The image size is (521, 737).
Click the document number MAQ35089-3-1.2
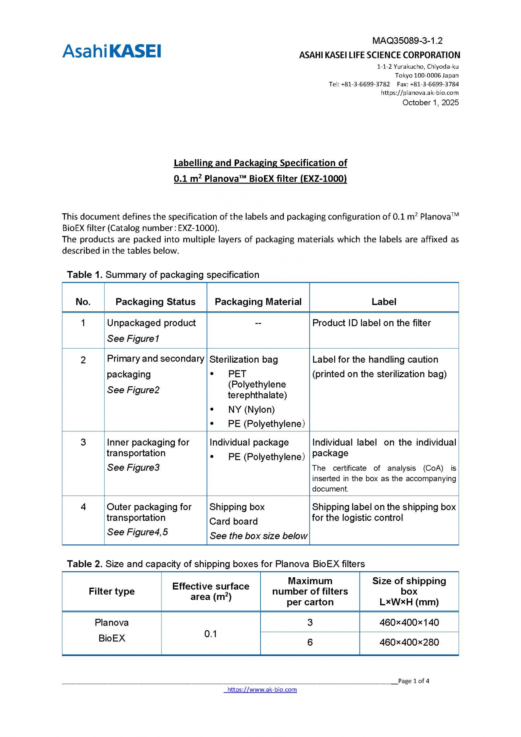(407, 41)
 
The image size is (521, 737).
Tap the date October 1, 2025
(430, 102)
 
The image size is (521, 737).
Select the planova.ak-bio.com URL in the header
(419, 93)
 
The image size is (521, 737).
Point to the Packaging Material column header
(258, 302)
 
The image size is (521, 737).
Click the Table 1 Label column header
(384, 302)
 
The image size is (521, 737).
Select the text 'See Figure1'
(133, 339)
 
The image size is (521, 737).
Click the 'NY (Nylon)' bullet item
(251, 410)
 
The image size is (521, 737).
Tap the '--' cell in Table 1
(258, 323)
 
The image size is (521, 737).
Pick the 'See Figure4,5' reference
(137, 532)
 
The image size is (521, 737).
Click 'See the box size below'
(258, 536)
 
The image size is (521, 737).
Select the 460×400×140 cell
(409, 622)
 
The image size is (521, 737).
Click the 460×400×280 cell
(409, 642)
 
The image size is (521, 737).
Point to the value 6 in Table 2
(310, 642)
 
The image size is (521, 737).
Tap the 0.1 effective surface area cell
(211, 634)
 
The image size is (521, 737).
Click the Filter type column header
(112, 591)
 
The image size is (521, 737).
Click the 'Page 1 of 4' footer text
(414, 681)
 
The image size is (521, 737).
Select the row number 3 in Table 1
(83, 442)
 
